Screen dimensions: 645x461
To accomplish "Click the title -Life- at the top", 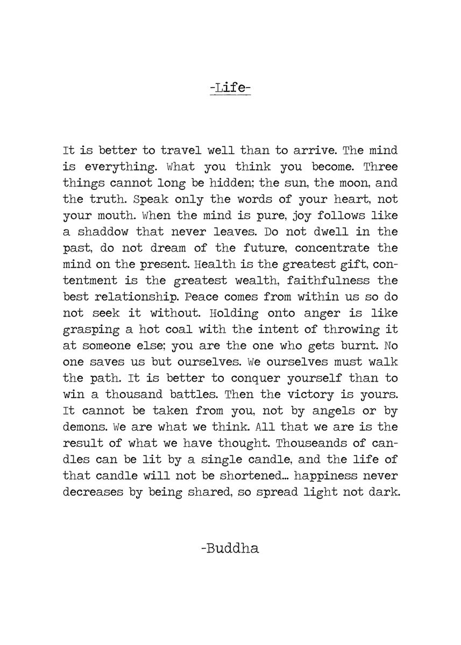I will coord(230,86).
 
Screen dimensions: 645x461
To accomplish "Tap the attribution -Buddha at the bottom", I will coord(230,549).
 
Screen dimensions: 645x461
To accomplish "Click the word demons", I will coord(82,427).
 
